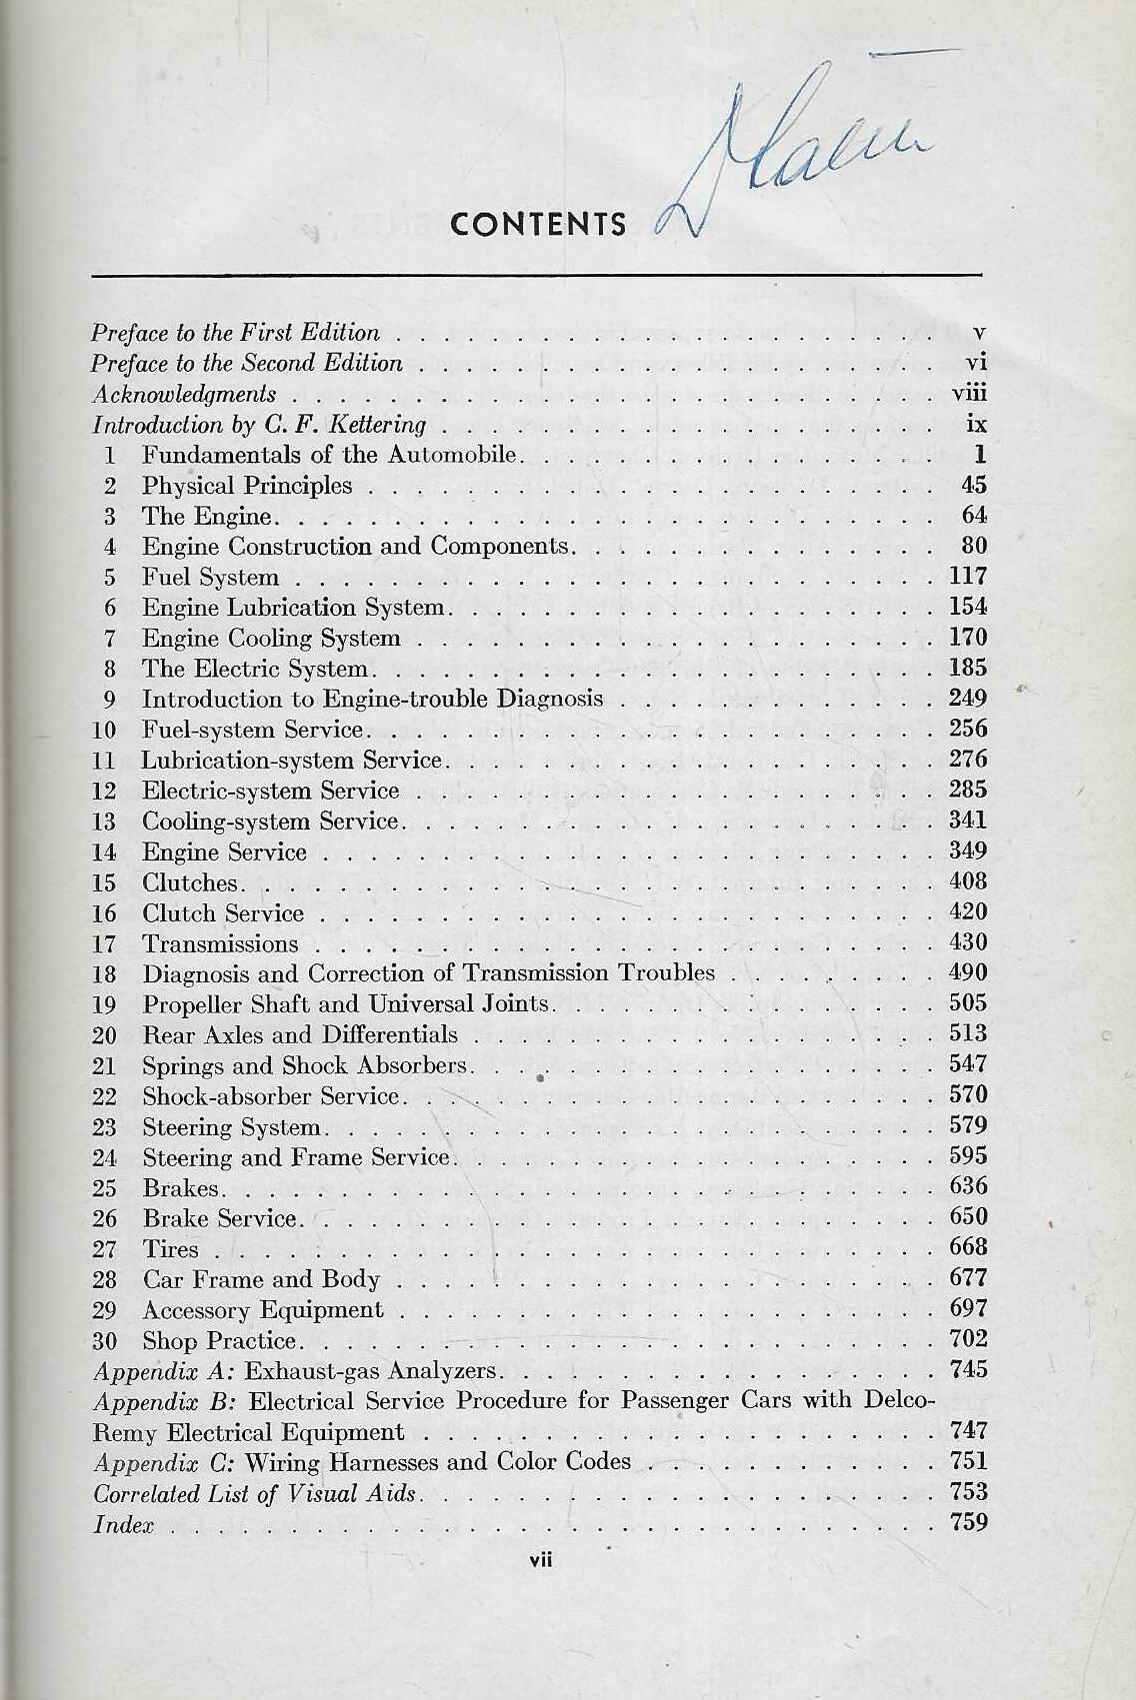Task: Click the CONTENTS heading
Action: pyautogui.click(x=538, y=224)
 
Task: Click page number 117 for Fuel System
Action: pyautogui.click(x=967, y=576)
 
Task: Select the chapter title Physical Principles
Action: pyautogui.click(x=247, y=486)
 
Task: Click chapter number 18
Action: pyautogui.click(x=104, y=974)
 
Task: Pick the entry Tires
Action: pyautogui.click(x=171, y=1249)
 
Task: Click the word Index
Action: pyautogui.click(x=123, y=1525)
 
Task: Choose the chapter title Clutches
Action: pyautogui.click(x=190, y=883)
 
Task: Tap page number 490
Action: pyautogui.click(x=967, y=972)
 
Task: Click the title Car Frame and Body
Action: pyautogui.click(x=261, y=1280)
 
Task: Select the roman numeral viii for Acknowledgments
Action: pyautogui.click(x=969, y=394)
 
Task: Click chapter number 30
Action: pyautogui.click(x=104, y=1341)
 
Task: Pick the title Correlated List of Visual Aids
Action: pyautogui.click(x=254, y=1494)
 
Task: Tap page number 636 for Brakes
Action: pyautogui.click(x=967, y=1186)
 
